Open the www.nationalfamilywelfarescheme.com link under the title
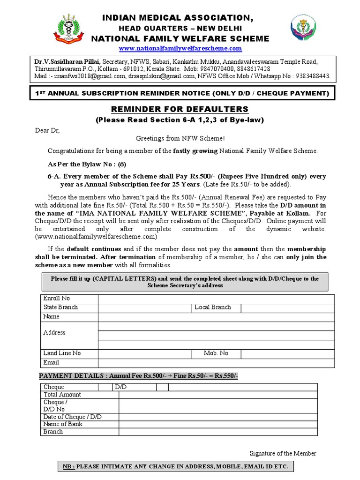(x=180, y=48)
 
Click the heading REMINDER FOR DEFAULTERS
(x=180, y=109)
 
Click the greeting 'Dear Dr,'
(x=48, y=130)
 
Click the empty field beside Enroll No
(x=216, y=299)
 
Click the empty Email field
(x=216, y=363)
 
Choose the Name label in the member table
(x=51, y=317)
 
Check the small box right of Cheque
(x=105, y=387)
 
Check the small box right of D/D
(x=162, y=387)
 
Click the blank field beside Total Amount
(x=217, y=395)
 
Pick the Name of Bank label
(x=63, y=424)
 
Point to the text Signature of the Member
(x=283, y=453)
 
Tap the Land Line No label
(x=62, y=353)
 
